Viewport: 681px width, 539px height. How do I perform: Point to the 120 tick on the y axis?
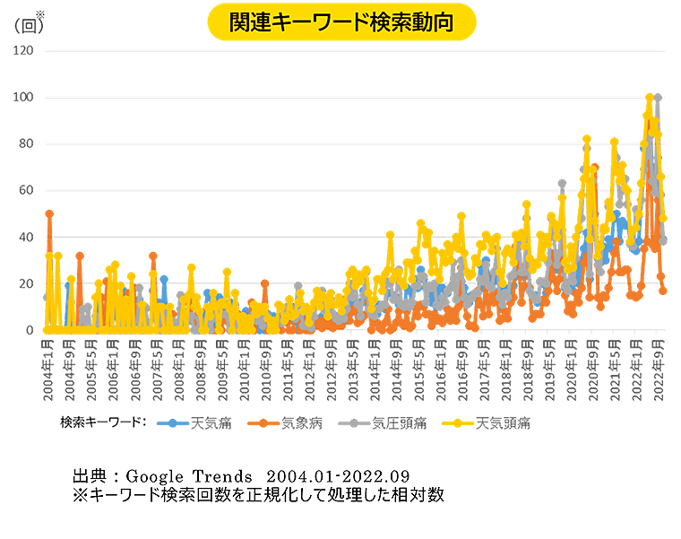pos(24,50)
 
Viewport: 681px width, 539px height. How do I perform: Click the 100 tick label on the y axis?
pos(24,97)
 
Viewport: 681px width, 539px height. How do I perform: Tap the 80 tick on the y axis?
pos(27,143)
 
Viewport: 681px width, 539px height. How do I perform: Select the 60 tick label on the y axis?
pos(27,190)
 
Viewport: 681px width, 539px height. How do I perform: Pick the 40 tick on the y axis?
pos(27,237)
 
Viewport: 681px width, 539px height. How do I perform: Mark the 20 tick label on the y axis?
pos(27,283)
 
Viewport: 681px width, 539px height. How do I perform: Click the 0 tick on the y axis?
pos(30,330)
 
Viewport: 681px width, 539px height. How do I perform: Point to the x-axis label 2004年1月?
pos(48,368)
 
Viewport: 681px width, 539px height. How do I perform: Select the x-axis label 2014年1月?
pos(375,368)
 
